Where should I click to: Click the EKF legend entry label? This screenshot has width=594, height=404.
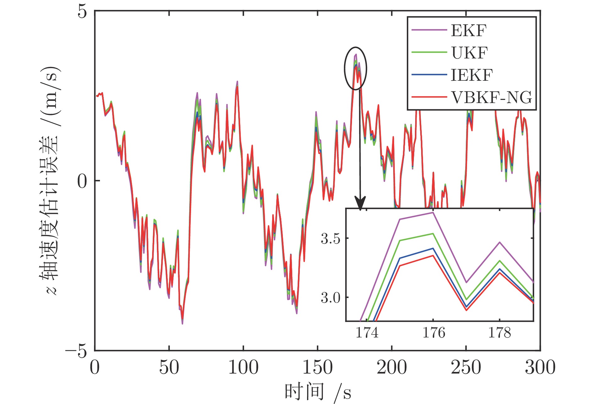(469, 31)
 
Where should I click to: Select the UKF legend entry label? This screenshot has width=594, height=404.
(470, 53)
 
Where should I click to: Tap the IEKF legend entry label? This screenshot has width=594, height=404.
(472, 75)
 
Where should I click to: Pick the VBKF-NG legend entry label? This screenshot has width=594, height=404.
(492, 98)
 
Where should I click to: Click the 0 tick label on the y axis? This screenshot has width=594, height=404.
(82, 181)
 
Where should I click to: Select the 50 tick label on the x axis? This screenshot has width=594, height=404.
(169, 367)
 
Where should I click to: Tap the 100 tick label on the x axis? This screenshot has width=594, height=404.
(243, 367)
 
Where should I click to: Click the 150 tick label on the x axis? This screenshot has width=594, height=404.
(317, 367)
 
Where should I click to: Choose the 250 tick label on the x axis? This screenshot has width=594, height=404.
(466, 367)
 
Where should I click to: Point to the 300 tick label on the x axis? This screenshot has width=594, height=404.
(540, 367)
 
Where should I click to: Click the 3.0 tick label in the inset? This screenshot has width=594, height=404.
(330, 298)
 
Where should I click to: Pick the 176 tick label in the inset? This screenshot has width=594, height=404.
(433, 333)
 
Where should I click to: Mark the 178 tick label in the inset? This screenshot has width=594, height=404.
(499, 333)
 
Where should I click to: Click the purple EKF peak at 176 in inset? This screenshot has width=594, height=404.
(433, 213)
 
